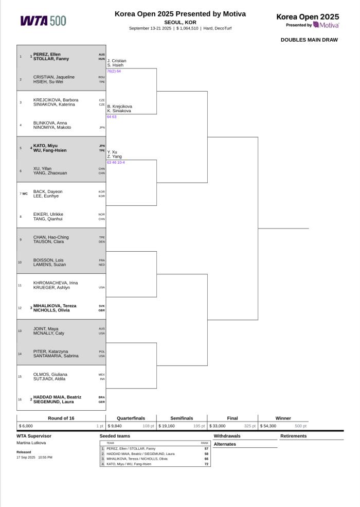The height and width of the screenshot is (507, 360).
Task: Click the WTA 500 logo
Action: tap(43, 21)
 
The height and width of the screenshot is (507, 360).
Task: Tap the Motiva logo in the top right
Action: tap(326, 25)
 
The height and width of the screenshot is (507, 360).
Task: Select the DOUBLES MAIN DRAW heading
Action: tap(309, 40)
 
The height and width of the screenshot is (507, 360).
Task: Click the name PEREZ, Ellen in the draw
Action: tap(47, 55)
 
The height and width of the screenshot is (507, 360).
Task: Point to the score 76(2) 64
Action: tap(114, 71)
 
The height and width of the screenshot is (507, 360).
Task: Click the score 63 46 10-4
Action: tap(116, 162)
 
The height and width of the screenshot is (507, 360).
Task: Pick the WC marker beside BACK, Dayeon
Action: tap(25, 194)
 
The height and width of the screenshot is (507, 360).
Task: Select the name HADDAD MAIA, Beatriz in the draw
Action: tap(57, 397)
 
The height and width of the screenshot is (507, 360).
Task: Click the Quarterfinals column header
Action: tap(131, 418)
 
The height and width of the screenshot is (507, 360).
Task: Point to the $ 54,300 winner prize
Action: tap(268, 426)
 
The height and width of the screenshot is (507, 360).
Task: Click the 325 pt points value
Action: tap(250, 426)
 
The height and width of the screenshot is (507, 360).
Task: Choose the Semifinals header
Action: tap(182, 418)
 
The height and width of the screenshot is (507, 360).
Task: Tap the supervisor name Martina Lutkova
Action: tap(31, 443)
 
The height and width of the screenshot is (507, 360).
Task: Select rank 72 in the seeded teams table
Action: tap(206, 464)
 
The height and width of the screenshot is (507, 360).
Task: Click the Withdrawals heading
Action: tap(227, 436)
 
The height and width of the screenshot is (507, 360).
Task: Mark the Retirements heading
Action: tap(294, 436)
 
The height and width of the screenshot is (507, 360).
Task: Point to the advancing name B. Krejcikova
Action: tap(119, 107)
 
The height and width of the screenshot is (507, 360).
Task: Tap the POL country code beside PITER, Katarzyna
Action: tap(102, 352)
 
